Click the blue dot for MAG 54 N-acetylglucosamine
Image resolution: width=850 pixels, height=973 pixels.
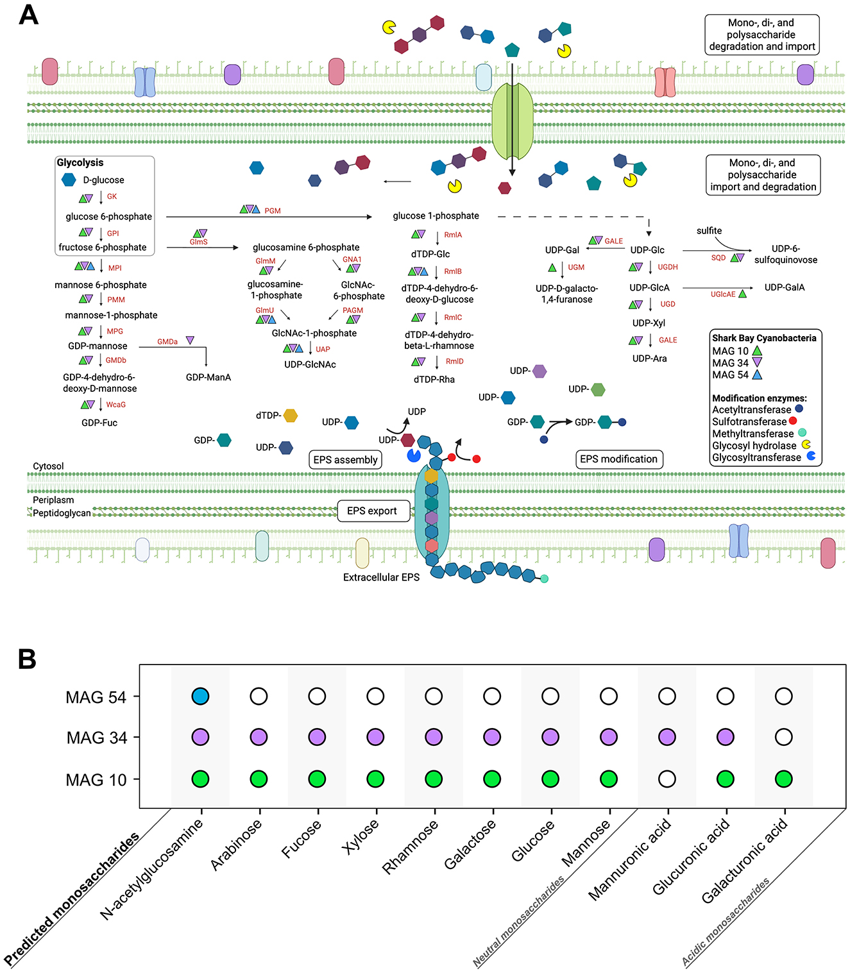[x=200, y=696]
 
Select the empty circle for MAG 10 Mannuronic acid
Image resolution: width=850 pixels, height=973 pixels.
[x=667, y=779]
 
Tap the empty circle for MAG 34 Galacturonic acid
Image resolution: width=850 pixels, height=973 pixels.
[x=783, y=738]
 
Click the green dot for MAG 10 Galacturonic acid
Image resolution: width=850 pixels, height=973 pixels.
[x=783, y=779]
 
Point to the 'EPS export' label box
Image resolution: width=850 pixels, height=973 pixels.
[x=372, y=511]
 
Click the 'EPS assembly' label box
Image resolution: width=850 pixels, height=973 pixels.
[x=346, y=460]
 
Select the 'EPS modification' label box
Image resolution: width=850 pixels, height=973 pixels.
[x=618, y=459]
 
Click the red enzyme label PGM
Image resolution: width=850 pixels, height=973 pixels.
[x=273, y=210]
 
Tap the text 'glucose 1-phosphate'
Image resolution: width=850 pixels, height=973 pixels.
[x=436, y=216]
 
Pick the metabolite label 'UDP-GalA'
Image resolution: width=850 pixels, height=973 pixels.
[x=784, y=287]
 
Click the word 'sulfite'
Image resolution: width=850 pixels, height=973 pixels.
[x=709, y=231]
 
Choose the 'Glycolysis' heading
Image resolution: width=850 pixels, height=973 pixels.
[x=80, y=163]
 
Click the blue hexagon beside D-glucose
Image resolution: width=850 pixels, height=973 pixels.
[x=69, y=180]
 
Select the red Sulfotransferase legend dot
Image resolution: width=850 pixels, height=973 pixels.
[x=793, y=421]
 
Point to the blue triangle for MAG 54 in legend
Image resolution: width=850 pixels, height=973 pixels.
[x=757, y=375]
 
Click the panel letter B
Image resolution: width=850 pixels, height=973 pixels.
[x=27, y=659]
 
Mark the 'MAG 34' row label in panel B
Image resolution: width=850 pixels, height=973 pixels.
[x=97, y=738]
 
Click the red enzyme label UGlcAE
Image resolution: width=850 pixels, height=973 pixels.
[x=723, y=294]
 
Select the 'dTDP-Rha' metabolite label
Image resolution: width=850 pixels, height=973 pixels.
[x=434, y=380]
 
